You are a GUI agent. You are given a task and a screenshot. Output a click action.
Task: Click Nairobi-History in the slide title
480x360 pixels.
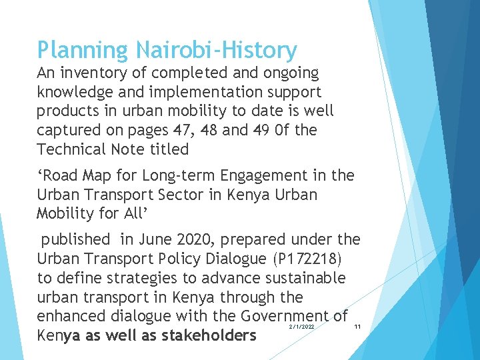tap(217, 50)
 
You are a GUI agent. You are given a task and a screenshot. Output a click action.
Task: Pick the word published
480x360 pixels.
tap(75, 239)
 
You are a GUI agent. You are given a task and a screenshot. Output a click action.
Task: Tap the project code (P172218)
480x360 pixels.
tap(307, 258)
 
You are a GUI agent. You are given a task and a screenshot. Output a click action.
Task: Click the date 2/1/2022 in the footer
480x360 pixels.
tap(302, 327)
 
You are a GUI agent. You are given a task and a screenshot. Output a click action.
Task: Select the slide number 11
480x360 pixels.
tap(358, 327)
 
